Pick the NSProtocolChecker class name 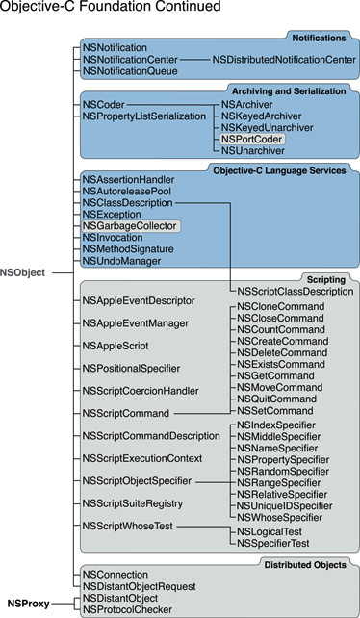point(128,609)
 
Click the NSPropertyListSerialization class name point(144,116)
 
